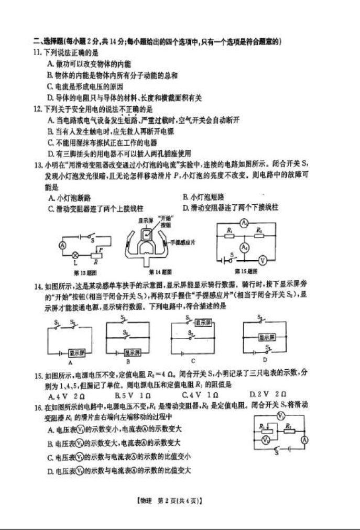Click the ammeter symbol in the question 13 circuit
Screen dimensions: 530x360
point(62,245)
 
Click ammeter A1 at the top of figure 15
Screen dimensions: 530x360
point(244,223)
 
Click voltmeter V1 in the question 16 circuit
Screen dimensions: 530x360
point(280,415)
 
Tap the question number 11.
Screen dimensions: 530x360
point(37,53)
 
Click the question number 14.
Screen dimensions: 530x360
point(37,287)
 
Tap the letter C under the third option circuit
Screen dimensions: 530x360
point(193,361)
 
